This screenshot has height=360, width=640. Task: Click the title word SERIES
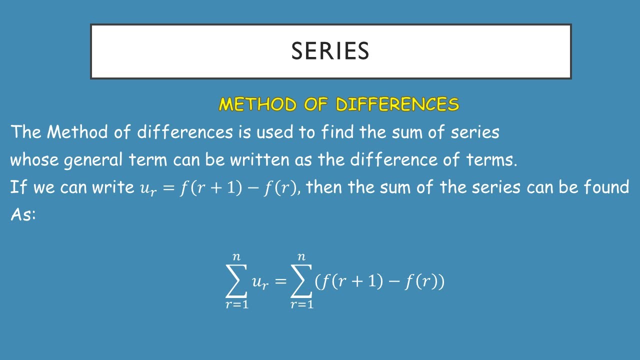click(x=330, y=51)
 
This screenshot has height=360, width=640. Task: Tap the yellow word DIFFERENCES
click(x=397, y=104)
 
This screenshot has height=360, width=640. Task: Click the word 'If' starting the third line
click(x=17, y=187)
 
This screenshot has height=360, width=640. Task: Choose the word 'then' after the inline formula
click(x=324, y=187)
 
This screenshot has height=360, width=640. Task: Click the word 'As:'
click(x=23, y=214)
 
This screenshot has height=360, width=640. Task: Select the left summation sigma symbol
click(x=236, y=281)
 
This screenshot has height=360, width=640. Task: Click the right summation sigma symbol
click(x=301, y=281)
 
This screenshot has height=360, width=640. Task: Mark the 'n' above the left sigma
click(x=236, y=257)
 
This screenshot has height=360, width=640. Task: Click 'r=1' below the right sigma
click(x=302, y=304)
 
